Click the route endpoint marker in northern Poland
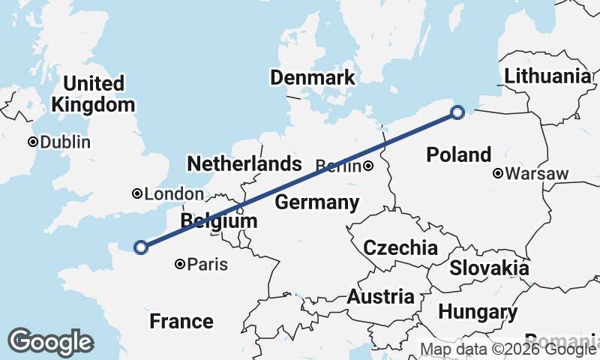[x=457, y=112]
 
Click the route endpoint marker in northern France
[x=140, y=247]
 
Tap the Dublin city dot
[x=33, y=142]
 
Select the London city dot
[x=137, y=193]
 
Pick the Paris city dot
[x=180, y=264]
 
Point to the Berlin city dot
[x=368, y=166]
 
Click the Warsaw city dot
[x=498, y=174]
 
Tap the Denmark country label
[x=312, y=78]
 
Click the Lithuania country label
[x=547, y=76]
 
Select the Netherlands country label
[x=244, y=163]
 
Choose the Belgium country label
[x=219, y=221]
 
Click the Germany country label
[x=316, y=202]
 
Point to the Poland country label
[x=458, y=154]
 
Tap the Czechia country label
[x=400, y=247]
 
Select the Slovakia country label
[x=489, y=268]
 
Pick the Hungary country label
[x=478, y=311]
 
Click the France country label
[x=181, y=321]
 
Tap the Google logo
[x=51, y=342]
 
